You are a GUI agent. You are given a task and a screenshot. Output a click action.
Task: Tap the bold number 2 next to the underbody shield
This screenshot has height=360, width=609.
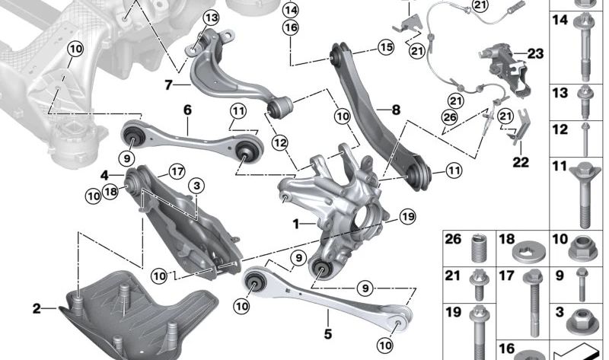(37, 308)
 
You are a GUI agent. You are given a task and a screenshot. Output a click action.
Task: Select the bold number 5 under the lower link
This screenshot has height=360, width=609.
(328, 333)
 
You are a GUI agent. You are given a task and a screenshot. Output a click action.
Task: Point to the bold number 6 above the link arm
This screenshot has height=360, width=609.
(187, 110)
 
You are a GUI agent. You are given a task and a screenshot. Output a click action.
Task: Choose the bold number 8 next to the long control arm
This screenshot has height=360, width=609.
(395, 110)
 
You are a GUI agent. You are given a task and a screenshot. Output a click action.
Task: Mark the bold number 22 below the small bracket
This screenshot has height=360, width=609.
(519, 162)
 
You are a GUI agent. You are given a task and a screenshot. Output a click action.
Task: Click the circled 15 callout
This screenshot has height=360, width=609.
(386, 47)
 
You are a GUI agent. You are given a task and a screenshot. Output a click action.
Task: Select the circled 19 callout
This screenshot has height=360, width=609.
(407, 217)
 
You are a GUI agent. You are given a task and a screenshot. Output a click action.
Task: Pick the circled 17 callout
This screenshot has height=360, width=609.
(177, 170)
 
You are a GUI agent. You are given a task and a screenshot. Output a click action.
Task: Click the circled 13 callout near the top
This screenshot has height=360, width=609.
(210, 18)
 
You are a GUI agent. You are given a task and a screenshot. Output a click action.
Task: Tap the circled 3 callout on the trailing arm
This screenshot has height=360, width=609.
(196, 185)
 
